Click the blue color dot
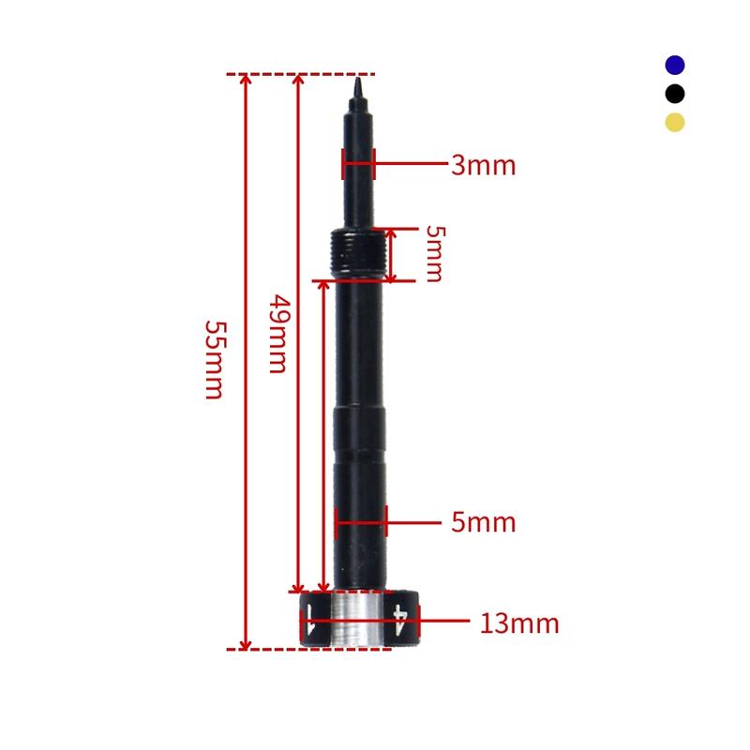(x=675, y=65)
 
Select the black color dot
(x=675, y=94)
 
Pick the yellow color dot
(x=675, y=122)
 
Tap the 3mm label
(x=483, y=166)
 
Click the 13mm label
(x=519, y=622)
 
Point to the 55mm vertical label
(x=214, y=360)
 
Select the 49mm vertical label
(x=277, y=334)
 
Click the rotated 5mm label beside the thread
(x=432, y=253)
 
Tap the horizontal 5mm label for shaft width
(x=483, y=522)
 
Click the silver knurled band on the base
(x=358, y=620)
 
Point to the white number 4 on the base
(x=401, y=620)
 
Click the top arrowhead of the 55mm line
(x=247, y=81)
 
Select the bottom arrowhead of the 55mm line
(x=247, y=642)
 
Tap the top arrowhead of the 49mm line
(x=298, y=81)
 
